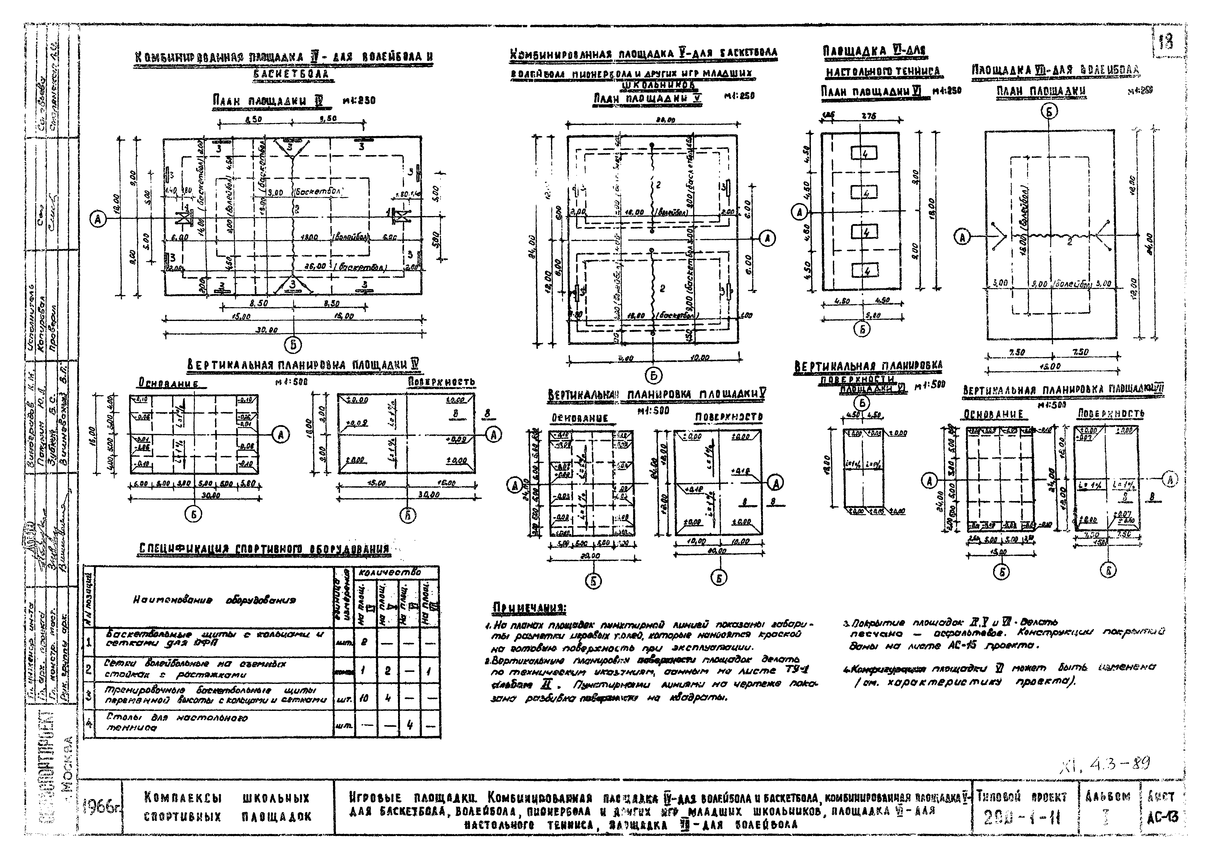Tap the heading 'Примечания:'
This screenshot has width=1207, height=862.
(529, 607)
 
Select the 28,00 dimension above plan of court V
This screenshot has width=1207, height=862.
(661, 120)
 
